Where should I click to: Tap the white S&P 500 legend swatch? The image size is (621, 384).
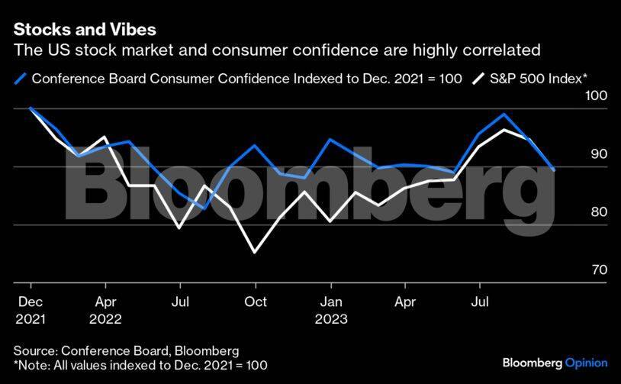(479, 78)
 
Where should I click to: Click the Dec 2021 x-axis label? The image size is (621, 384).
(31, 310)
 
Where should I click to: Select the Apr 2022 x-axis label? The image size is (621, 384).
(105, 310)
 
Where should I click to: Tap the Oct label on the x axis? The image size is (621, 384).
(255, 302)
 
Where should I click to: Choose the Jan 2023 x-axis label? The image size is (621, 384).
(330, 310)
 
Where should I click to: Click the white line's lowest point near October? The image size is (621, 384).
(254, 251)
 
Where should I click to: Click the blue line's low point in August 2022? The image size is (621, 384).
(204, 208)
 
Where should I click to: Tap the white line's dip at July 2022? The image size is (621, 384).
(179, 227)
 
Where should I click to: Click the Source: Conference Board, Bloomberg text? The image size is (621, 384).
(126, 350)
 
